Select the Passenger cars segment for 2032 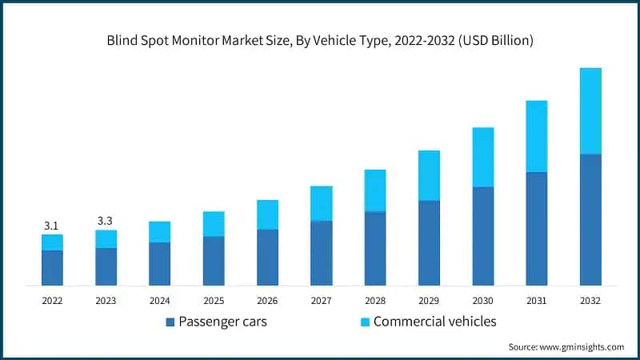click(590, 219)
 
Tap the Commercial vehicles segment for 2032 click(590, 110)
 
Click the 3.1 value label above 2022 click(52, 225)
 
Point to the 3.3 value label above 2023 click(106, 220)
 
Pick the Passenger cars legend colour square click(170, 322)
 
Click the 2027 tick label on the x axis click(321, 300)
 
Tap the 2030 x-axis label click(482, 300)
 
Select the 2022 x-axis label click(52, 300)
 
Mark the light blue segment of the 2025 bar click(214, 224)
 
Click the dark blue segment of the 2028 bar click(375, 248)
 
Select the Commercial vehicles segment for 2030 click(482, 157)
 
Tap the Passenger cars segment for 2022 click(52, 267)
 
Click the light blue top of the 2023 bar click(106, 238)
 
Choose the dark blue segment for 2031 click(537, 228)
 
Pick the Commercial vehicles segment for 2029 click(429, 175)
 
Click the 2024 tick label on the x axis click(159, 300)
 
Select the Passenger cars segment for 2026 click(267, 257)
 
